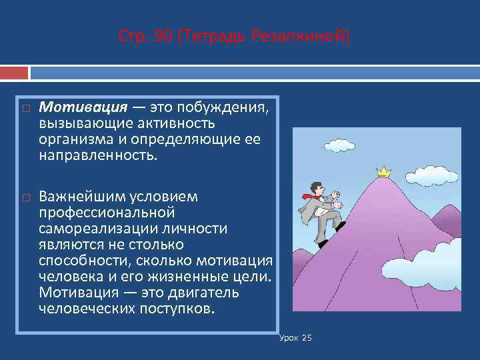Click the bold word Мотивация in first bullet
point(83,107)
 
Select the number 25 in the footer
point(307,338)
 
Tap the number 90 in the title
point(161,35)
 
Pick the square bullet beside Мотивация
point(25,108)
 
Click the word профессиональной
point(107,213)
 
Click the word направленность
point(98,155)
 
